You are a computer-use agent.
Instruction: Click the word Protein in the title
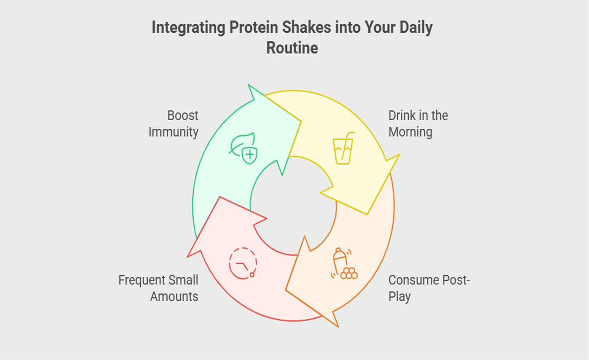point(254,28)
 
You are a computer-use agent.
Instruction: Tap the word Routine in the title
point(292,48)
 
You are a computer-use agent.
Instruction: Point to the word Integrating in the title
point(188,28)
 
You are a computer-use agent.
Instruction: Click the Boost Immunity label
point(173,124)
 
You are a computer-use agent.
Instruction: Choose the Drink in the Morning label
point(418,124)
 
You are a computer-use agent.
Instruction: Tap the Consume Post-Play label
point(429,288)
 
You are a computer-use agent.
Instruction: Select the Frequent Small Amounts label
point(158,288)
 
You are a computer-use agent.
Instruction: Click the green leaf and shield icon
point(243,148)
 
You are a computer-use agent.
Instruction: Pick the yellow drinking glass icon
point(344,148)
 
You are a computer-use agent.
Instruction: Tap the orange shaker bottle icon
point(344,263)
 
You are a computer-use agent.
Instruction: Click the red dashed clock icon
point(243,263)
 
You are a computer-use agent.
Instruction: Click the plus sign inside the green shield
point(250,154)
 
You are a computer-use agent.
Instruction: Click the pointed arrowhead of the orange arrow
point(285,290)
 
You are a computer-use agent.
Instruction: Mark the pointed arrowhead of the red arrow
point(219,196)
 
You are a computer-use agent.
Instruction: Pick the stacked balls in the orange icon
point(349,273)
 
